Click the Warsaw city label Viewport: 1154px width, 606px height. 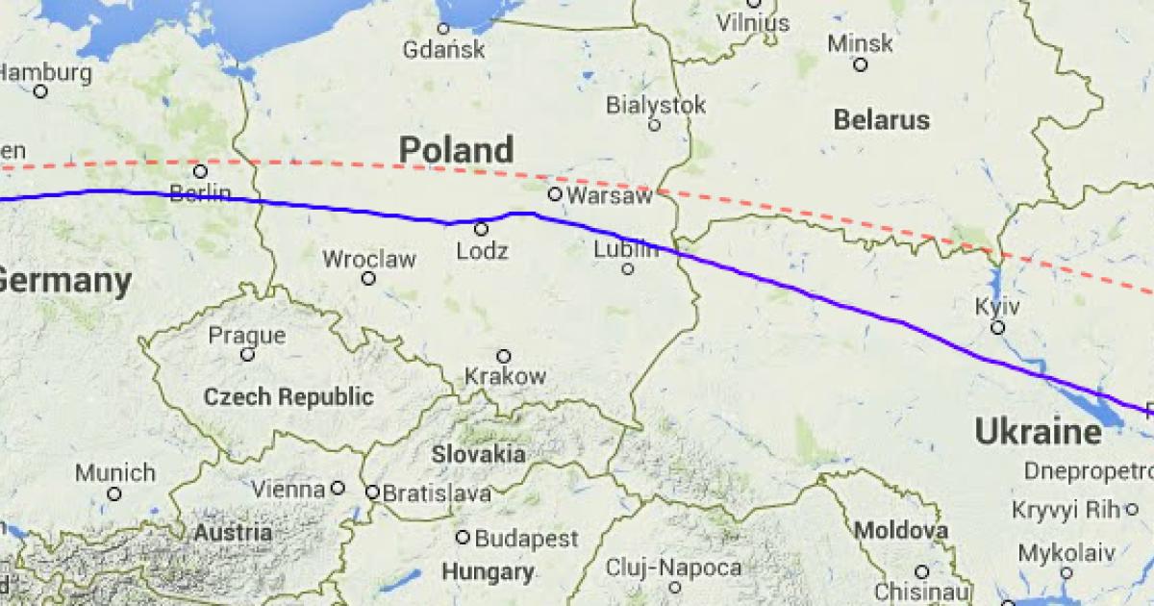tap(610, 195)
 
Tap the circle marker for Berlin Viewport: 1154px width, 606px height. tap(200, 171)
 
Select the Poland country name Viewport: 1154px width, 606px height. tap(456, 150)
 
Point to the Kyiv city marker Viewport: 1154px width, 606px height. tap(997, 328)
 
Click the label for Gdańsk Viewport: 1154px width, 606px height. tap(444, 50)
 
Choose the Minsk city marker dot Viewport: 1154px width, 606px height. tap(860, 64)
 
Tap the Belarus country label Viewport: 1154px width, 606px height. tap(882, 120)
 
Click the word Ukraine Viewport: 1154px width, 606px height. tap(1039, 432)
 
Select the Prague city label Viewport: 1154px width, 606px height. tap(248, 336)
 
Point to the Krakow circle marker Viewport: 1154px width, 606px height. tap(503, 356)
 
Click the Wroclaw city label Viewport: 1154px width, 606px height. tap(369, 259)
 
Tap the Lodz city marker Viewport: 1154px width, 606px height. tap(481, 229)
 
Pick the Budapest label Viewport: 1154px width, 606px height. tap(527, 538)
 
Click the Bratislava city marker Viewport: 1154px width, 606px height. tap(373, 492)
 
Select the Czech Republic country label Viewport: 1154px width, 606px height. tap(288, 396)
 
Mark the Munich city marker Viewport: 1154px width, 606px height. tap(114, 493)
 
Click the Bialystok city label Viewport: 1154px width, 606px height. tap(657, 105)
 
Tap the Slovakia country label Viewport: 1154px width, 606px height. tap(478, 454)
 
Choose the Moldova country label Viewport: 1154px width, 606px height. tap(901, 530)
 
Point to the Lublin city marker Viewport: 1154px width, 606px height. tap(627, 268)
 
